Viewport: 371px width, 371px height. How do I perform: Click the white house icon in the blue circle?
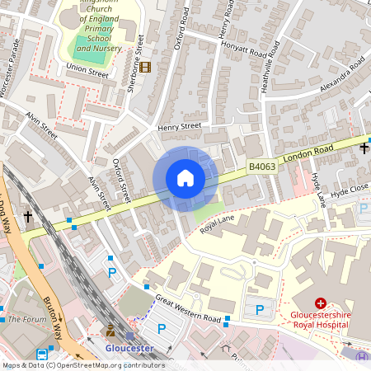click(x=185, y=177)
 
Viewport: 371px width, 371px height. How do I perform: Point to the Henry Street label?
click(x=180, y=126)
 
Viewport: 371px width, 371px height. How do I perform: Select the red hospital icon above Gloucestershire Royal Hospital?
click(x=321, y=303)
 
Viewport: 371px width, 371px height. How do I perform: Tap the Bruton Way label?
click(x=54, y=317)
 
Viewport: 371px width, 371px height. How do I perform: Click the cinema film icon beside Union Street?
click(x=145, y=67)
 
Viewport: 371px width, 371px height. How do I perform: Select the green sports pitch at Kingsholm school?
click(x=89, y=45)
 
